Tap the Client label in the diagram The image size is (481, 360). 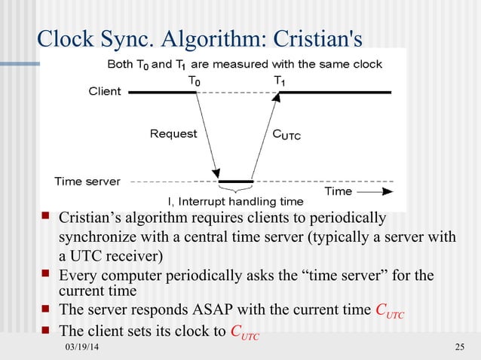pyautogui.click(x=105, y=92)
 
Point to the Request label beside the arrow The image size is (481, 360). pyautogui.click(x=173, y=134)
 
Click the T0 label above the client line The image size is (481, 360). pyautogui.click(x=195, y=79)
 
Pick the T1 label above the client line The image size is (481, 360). pyautogui.click(x=279, y=79)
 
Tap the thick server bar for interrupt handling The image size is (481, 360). pyautogui.click(x=235, y=182)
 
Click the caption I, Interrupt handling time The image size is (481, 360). pyautogui.click(x=235, y=201)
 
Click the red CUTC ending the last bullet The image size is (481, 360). pyautogui.click(x=244, y=331)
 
